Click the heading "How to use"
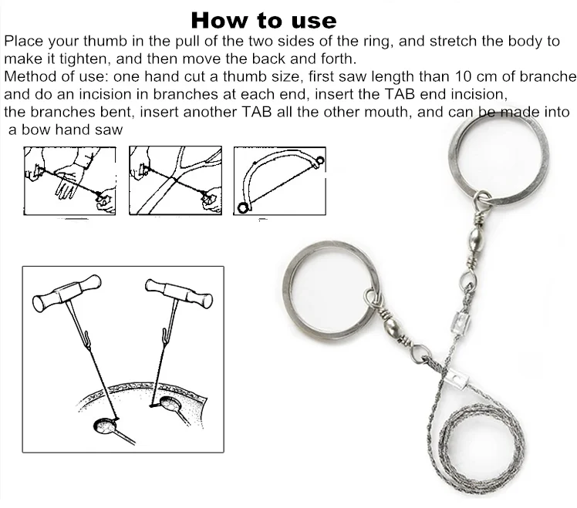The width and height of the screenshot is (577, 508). click(x=263, y=19)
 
